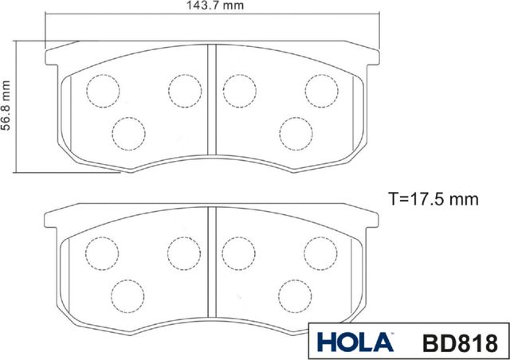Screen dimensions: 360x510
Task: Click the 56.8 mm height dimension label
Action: click(x=6, y=105)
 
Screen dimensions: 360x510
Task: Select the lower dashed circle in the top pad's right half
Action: click(x=293, y=131)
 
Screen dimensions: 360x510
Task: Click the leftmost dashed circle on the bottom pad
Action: click(x=101, y=252)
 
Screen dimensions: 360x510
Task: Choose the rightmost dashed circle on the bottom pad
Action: click(x=319, y=252)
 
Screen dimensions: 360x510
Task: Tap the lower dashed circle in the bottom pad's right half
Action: click(x=293, y=295)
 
